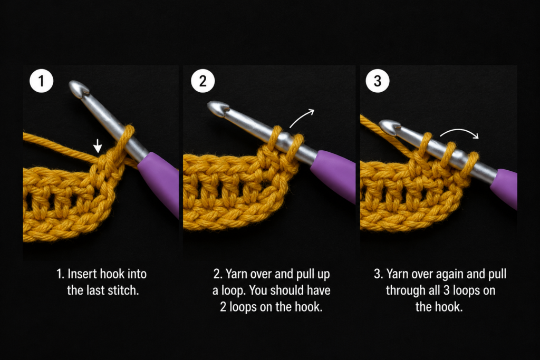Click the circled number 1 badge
point(41,81)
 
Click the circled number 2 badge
point(203,81)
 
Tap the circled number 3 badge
point(378,81)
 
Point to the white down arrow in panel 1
point(98,146)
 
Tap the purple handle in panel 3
point(505,188)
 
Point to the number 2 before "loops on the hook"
point(223,307)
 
